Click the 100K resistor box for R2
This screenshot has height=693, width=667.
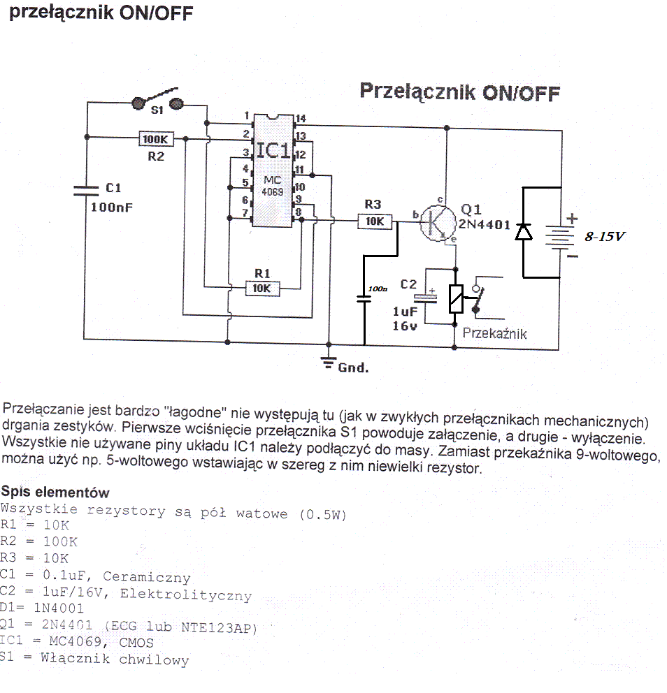[x=156, y=139]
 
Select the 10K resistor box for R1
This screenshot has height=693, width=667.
[x=262, y=289]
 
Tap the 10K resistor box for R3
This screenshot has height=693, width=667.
[x=375, y=221]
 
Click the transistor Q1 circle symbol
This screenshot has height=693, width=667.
[x=438, y=223]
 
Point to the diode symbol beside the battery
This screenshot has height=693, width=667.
[x=524, y=232]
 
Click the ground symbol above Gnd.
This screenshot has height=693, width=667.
[x=328, y=363]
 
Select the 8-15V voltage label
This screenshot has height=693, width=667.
[x=605, y=237]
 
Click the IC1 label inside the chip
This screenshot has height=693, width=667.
[x=273, y=151]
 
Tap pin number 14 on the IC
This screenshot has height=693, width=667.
[x=301, y=119]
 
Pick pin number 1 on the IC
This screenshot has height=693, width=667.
[x=247, y=116]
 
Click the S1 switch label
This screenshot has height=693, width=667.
[x=157, y=110]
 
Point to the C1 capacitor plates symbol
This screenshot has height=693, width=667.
[x=86, y=191]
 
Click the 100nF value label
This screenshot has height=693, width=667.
[x=111, y=207]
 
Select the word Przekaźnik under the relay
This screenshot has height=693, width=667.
[x=494, y=334]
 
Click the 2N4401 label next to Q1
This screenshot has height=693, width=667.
[x=485, y=224]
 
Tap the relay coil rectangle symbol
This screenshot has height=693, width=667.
[x=456, y=299]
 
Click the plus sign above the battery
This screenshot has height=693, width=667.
[x=572, y=219]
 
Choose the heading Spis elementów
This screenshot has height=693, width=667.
[x=55, y=492]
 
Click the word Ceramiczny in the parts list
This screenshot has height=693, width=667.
[x=147, y=577]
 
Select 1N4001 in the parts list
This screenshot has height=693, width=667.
[x=59, y=608]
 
